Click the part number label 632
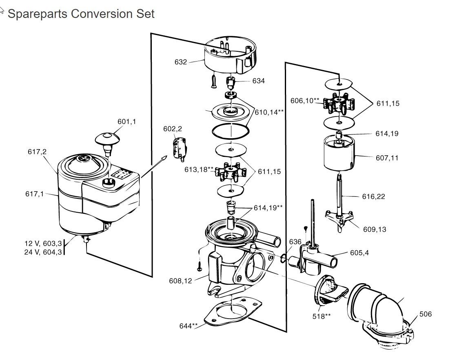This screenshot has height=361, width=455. pyautogui.click(x=180, y=62)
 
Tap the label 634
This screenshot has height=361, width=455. pyautogui.click(x=258, y=81)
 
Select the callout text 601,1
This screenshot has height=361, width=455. pyautogui.click(x=127, y=121)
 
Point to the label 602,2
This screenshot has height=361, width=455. pyautogui.click(x=173, y=129)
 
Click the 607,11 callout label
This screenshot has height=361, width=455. pyautogui.click(x=387, y=158)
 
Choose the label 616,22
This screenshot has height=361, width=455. pyautogui.click(x=373, y=196)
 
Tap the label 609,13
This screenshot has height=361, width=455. pyautogui.click(x=374, y=229)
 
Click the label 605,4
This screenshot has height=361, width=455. pyautogui.click(x=359, y=253)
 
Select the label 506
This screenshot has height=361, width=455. pyautogui.click(x=425, y=314)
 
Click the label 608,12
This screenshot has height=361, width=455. pyautogui.click(x=180, y=280)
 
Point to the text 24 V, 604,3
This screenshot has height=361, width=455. pyautogui.click(x=43, y=252)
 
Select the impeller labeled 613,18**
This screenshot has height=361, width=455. pyautogui.click(x=231, y=172)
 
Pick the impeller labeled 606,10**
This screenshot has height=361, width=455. pyautogui.click(x=337, y=104)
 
